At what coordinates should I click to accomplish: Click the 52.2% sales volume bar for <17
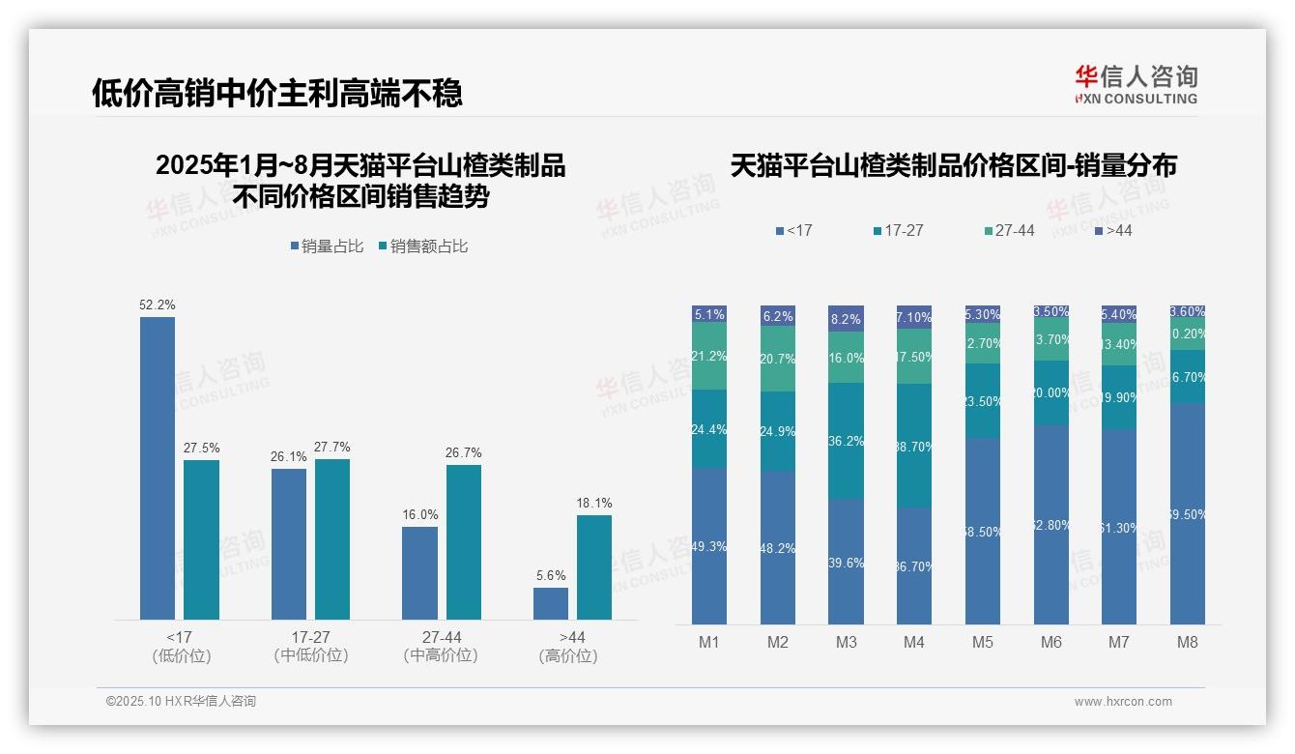(158, 468)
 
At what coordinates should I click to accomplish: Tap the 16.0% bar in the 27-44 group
(419, 572)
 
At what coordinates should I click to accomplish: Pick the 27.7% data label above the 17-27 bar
(332, 448)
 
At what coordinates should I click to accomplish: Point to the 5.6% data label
(550, 576)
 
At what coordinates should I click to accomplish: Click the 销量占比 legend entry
(328, 246)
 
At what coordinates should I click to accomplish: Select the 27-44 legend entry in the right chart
(1009, 231)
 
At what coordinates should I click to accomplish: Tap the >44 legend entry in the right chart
(1114, 231)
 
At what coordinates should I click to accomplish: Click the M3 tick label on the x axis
(846, 643)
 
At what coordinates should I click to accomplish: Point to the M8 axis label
(1188, 643)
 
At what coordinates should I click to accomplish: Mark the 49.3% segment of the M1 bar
(709, 546)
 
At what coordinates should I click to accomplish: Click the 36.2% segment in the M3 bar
(846, 441)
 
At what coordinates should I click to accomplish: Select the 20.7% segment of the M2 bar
(778, 359)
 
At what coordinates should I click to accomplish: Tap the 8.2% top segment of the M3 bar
(846, 318)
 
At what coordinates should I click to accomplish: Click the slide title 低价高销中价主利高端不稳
(277, 94)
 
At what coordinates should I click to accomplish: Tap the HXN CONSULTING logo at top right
(1136, 84)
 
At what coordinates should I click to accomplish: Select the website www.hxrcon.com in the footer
(1123, 702)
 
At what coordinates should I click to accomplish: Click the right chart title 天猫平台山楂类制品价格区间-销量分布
(953, 166)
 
